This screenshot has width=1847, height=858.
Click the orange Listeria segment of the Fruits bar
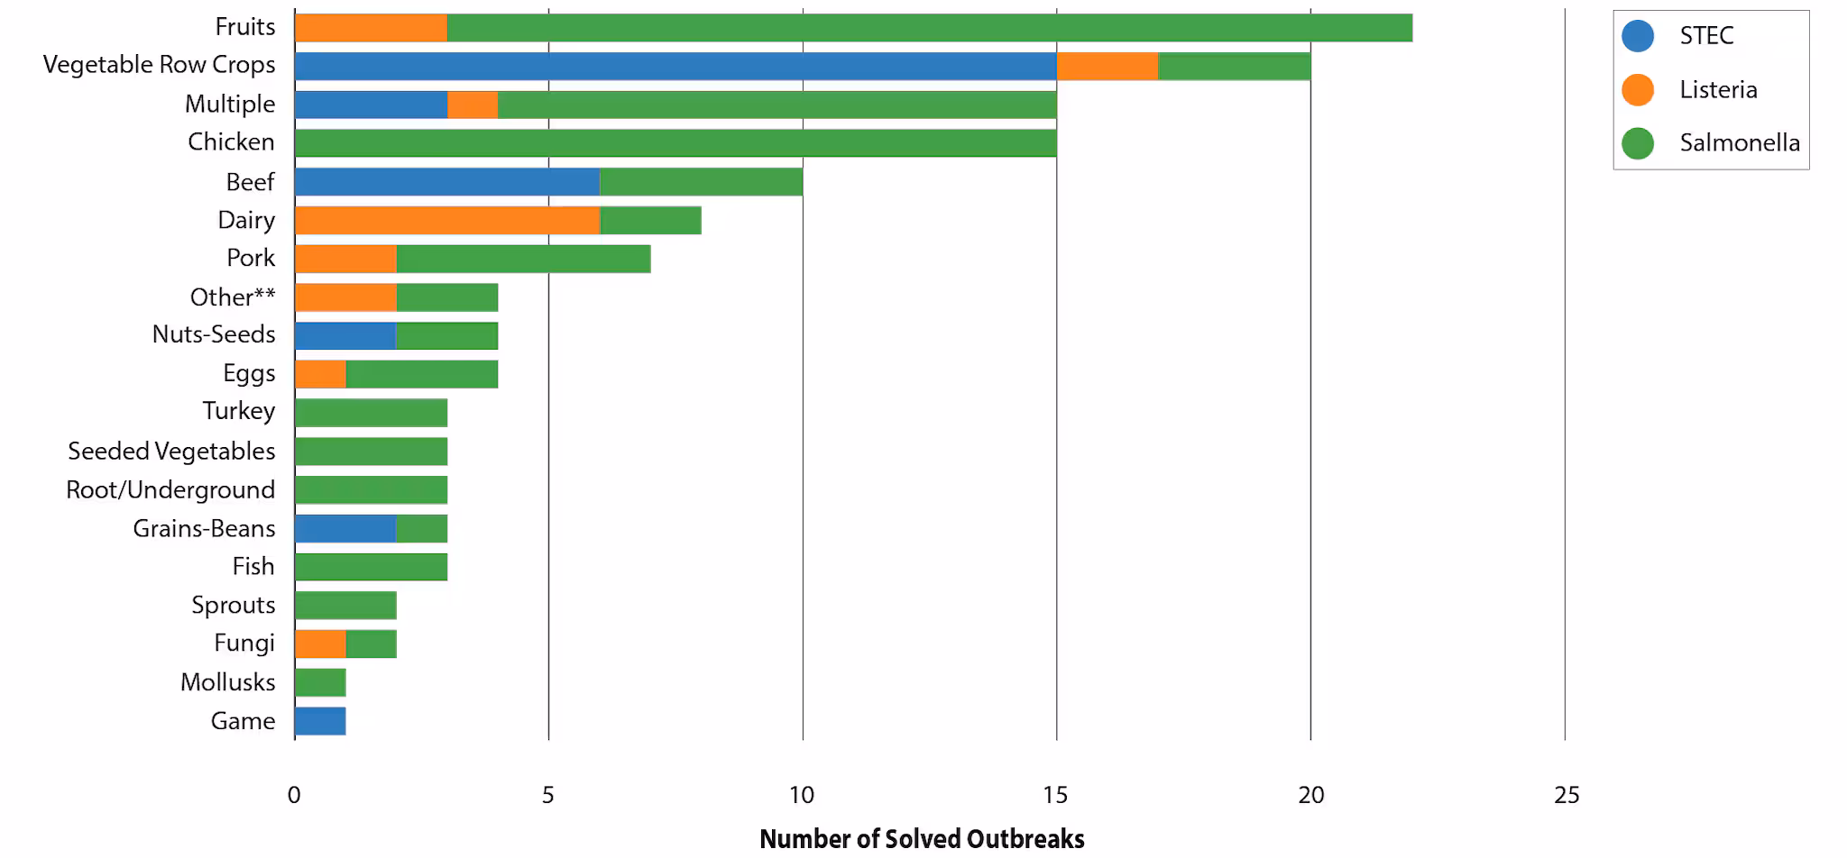(x=371, y=28)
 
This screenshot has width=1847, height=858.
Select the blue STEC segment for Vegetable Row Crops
(x=675, y=66)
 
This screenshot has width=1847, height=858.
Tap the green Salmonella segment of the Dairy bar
(x=650, y=220)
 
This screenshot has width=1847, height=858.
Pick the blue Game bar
(x=320, y=721)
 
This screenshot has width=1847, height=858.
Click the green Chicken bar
(x=675, y=142)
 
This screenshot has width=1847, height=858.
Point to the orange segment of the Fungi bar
(x=320, y=643)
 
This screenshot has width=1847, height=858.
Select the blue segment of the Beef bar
(x=446, y=181)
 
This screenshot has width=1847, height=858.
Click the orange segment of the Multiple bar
(x=473, y=105)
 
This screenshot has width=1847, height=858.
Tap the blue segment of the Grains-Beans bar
(x=345, y=528)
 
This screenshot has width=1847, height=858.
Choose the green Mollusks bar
(x=320, y=682)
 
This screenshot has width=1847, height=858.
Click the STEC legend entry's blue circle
(x=1637, y=36)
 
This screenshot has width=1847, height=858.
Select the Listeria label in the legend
(x=1717, y=89)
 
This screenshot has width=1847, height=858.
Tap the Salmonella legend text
(x=1739, y=142)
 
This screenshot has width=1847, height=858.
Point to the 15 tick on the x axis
(x=1055, y=795)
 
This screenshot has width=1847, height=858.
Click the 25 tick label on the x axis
(x=1567, y=795)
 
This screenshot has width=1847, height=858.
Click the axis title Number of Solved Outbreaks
(x=922, y=838)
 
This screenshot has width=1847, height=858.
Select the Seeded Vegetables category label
(x=171, y=451)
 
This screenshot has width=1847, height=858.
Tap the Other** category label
(x=232, y=297)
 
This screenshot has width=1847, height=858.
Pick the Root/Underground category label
(x=170, y=489)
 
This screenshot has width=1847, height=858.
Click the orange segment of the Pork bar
(x=345, y=259)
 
